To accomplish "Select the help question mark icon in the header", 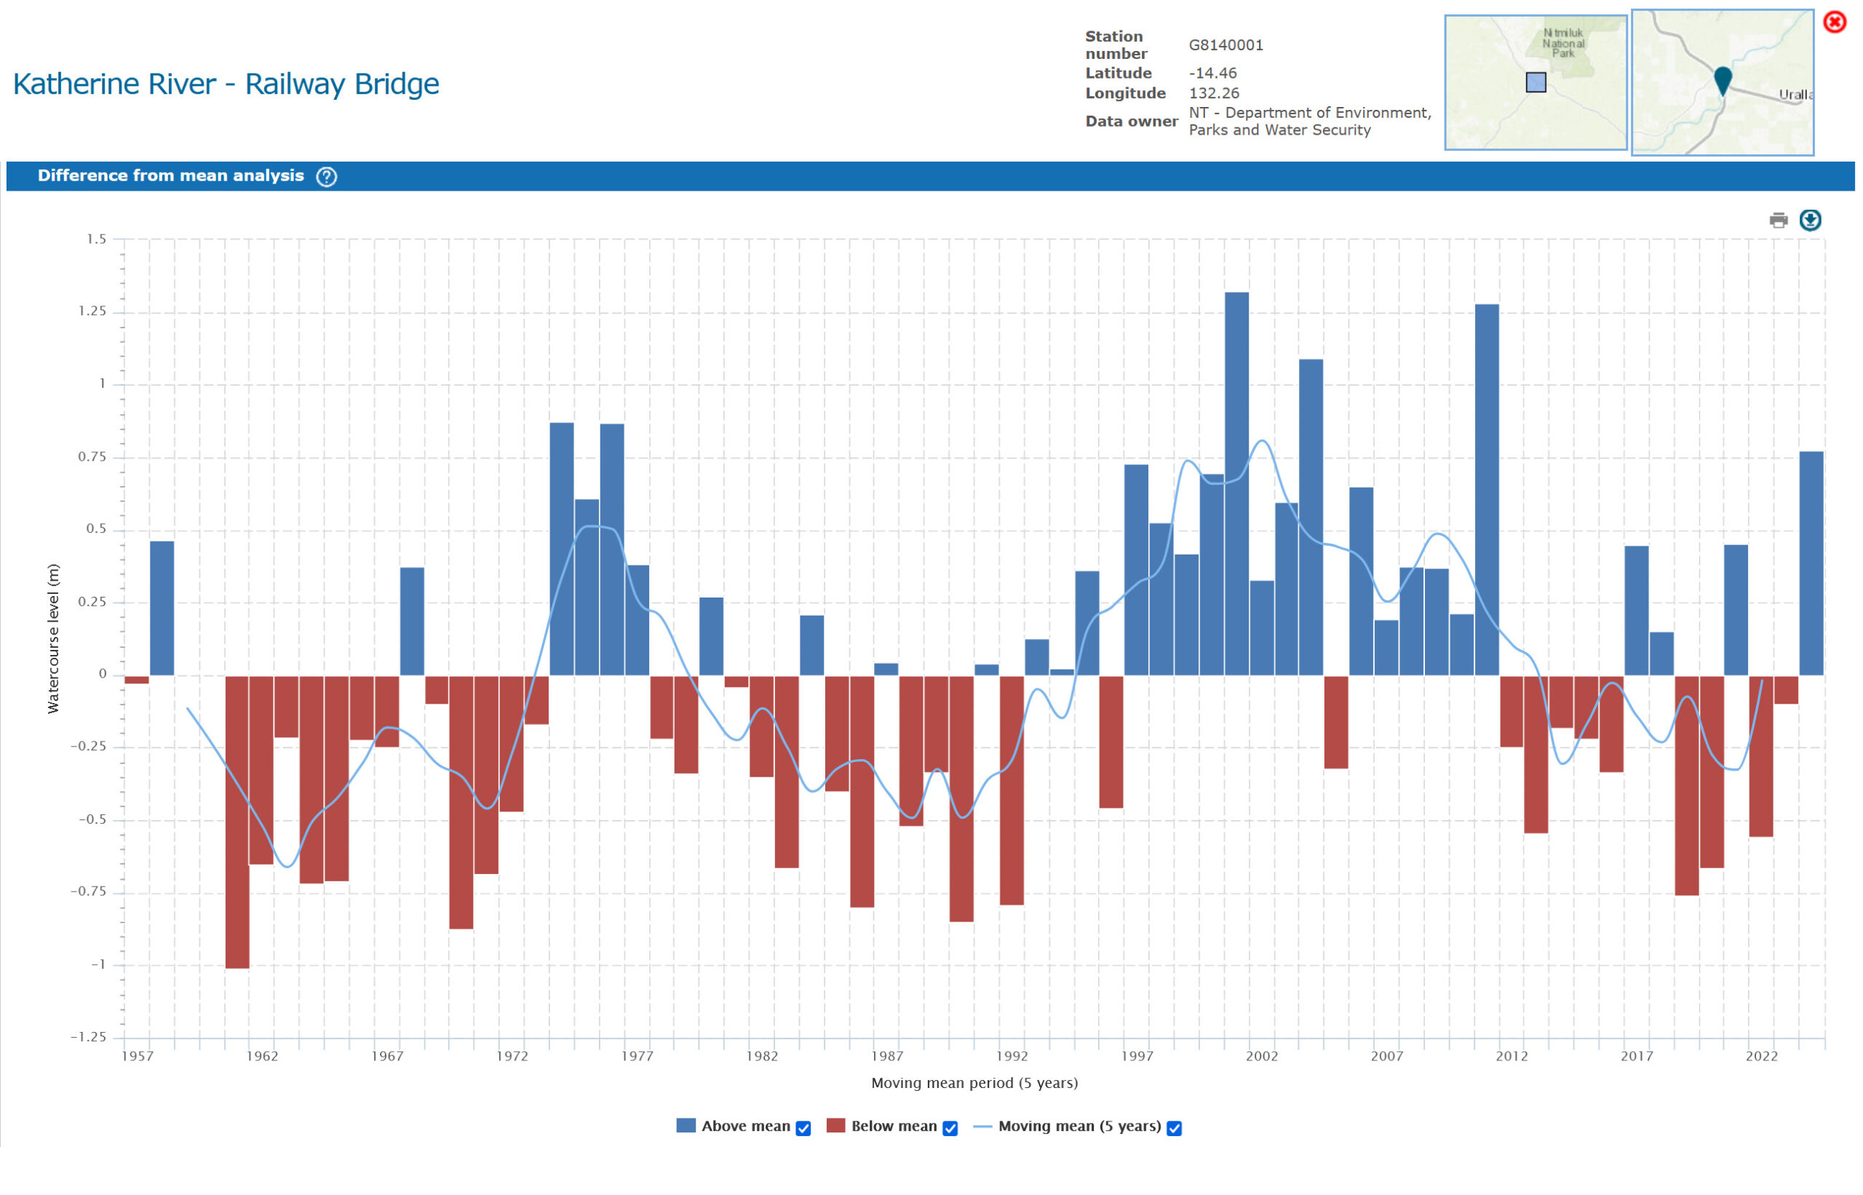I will pyautogui.click(x=327, y=177).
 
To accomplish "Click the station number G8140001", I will pyautogui.click(x=1226, y=45).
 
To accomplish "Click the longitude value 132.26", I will pyautogui.click(x=1214, y=93).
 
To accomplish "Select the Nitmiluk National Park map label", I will pyautogui.click(x=1562, y=44).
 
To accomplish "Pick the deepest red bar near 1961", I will pyautogui.click(x=237, y=822).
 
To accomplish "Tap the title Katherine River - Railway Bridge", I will pyautogui.click(x=226, y=84).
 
